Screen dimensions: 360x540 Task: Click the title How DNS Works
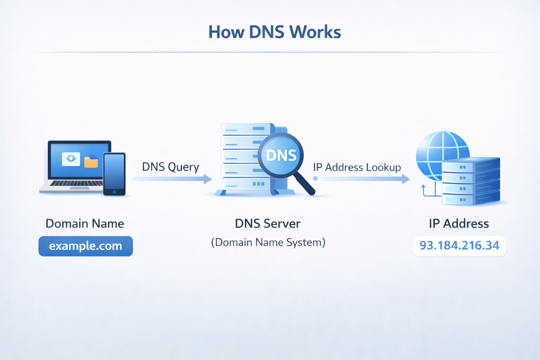(275, 32)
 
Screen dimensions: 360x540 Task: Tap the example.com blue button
(85, 246)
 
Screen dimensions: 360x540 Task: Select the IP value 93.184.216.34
(459, 245)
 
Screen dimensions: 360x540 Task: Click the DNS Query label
(171, 167)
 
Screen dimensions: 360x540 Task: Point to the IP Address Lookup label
(357, 167)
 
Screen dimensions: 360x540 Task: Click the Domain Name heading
(85, 224)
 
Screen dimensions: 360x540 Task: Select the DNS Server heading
(268, 224)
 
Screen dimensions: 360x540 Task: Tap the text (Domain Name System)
(268, 242)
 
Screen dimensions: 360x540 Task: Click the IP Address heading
(459, 224)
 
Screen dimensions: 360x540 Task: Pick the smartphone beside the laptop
(114, 173)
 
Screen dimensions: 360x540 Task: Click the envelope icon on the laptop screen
(71, 159)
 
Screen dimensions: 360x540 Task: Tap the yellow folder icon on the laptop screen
(91, 162)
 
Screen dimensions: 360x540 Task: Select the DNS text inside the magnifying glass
(281, 155)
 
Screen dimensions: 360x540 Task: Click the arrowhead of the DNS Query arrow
(208, 179)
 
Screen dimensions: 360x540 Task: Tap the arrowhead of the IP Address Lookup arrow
(406, 179)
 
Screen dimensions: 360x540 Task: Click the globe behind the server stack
(439, 149)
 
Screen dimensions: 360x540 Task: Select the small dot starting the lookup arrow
(315, 179)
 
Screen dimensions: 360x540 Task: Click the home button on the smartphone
(114, 192)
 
